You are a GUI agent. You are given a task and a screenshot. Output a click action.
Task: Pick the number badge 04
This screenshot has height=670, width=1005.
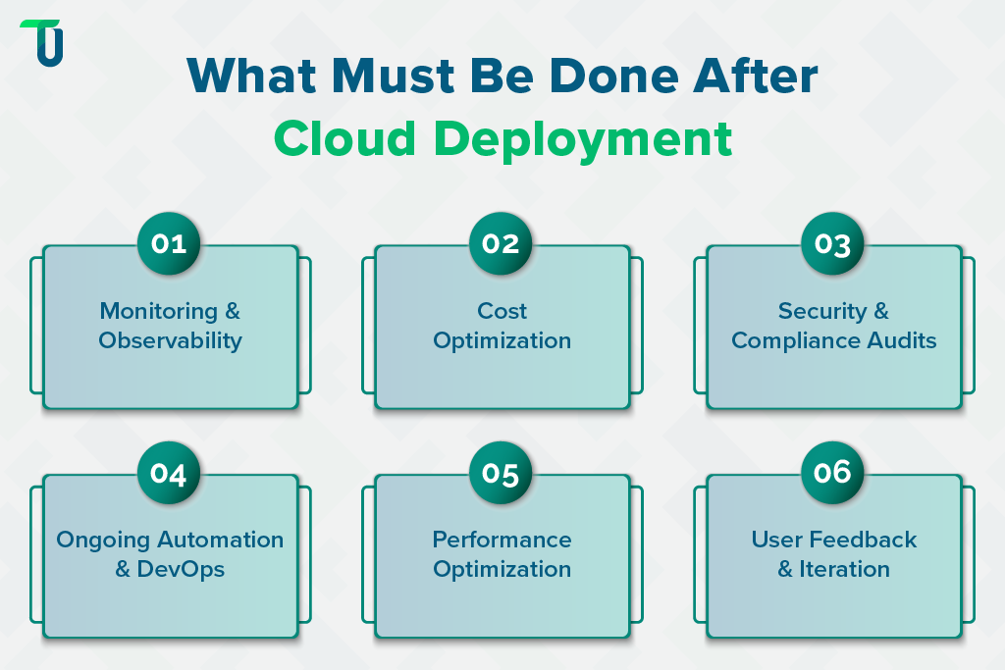pos(169,473)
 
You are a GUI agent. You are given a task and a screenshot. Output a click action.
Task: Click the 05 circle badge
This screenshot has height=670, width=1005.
pos(501,473)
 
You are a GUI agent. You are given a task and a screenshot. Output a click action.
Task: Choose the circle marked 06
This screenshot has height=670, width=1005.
pos(832,473)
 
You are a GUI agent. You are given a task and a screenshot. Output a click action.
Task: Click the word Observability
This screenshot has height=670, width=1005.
pos(170,341)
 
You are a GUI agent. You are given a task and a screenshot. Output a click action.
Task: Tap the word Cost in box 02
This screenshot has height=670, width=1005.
pos(502,311)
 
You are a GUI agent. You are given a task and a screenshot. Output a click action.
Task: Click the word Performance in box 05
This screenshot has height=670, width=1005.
pos(502,540)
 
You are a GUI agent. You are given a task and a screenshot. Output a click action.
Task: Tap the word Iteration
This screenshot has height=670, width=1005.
pos(846,569)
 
